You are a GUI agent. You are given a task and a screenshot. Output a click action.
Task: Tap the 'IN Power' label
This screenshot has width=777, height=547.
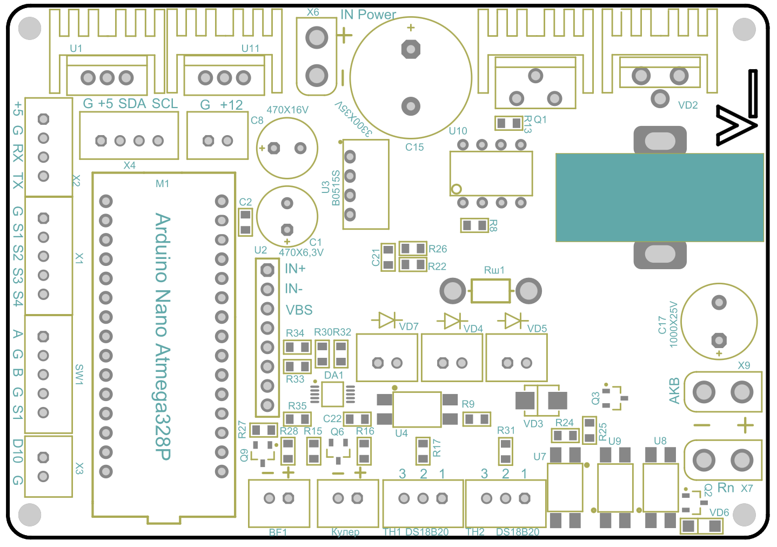[x=368, y=15]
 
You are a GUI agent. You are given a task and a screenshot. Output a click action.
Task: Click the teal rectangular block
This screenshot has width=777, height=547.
[x=659, y=197]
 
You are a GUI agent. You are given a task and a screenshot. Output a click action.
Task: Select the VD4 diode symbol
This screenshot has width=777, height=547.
[x=452, y=321]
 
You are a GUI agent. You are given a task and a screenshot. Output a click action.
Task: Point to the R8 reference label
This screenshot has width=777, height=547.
[x=493, y=225]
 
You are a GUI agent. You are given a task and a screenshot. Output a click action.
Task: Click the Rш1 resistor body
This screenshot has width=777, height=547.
[x=490, y=291]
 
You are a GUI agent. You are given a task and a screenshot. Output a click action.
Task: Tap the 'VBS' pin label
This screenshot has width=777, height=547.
[x=299, y=310]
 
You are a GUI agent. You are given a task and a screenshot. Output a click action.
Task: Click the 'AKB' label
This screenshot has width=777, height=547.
[x=674, y=391]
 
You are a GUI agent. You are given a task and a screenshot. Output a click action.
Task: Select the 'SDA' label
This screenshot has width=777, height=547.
[x=132, y=104]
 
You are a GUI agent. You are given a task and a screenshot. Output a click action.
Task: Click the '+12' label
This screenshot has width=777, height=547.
[x=231, y=105]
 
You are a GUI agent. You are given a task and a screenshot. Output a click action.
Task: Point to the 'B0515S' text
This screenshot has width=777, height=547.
[x=336, y=188]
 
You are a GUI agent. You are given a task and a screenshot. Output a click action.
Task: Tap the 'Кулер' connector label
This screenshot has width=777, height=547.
[x=345, y=532]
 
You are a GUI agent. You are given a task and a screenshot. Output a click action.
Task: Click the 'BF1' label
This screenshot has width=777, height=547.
[x=278, y=532]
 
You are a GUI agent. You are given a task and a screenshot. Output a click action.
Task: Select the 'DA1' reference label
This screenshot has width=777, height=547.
[x=333, y=375]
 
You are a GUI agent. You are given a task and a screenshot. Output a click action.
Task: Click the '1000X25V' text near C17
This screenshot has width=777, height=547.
[x=673, y=324]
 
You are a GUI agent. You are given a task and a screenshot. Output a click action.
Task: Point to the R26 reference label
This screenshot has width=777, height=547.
[x=438, y=249]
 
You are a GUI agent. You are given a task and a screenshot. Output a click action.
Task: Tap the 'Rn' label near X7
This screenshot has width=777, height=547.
[x=726, y=488]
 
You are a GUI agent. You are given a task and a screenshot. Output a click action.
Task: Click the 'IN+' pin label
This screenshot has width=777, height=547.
[x=295, y=269]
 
